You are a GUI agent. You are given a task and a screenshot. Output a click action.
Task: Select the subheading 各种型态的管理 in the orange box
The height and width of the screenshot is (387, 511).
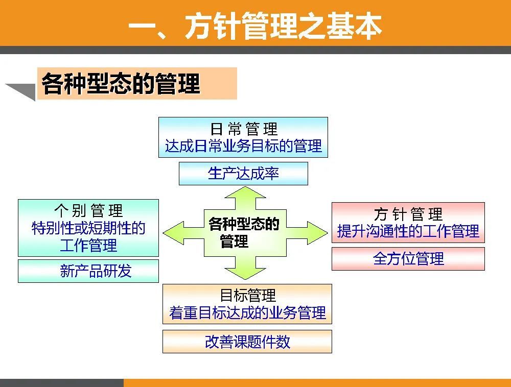121,84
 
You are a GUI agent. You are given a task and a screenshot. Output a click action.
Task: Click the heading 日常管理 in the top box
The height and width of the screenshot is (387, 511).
243,129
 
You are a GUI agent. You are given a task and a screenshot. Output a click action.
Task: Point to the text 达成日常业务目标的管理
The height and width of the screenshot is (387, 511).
243,147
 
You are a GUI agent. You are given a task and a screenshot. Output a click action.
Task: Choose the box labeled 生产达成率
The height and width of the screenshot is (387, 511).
243,174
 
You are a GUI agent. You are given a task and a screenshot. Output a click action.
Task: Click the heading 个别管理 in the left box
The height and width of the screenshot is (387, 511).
88,211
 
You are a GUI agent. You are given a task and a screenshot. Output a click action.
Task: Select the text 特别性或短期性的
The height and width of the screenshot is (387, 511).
88,228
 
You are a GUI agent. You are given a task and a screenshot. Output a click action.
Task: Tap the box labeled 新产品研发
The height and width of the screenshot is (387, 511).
88,271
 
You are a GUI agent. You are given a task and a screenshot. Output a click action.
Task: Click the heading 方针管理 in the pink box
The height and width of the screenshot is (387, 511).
408,214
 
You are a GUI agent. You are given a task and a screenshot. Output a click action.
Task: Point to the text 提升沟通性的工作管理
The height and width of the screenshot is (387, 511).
408,231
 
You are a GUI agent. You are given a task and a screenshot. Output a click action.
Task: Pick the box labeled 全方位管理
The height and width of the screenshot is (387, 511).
408,258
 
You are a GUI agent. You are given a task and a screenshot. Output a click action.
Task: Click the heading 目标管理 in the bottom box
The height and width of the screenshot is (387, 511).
247,295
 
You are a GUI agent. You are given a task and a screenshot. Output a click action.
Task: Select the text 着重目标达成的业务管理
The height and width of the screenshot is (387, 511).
247,312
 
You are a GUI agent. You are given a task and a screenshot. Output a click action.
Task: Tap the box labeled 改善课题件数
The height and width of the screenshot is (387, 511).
247,342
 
